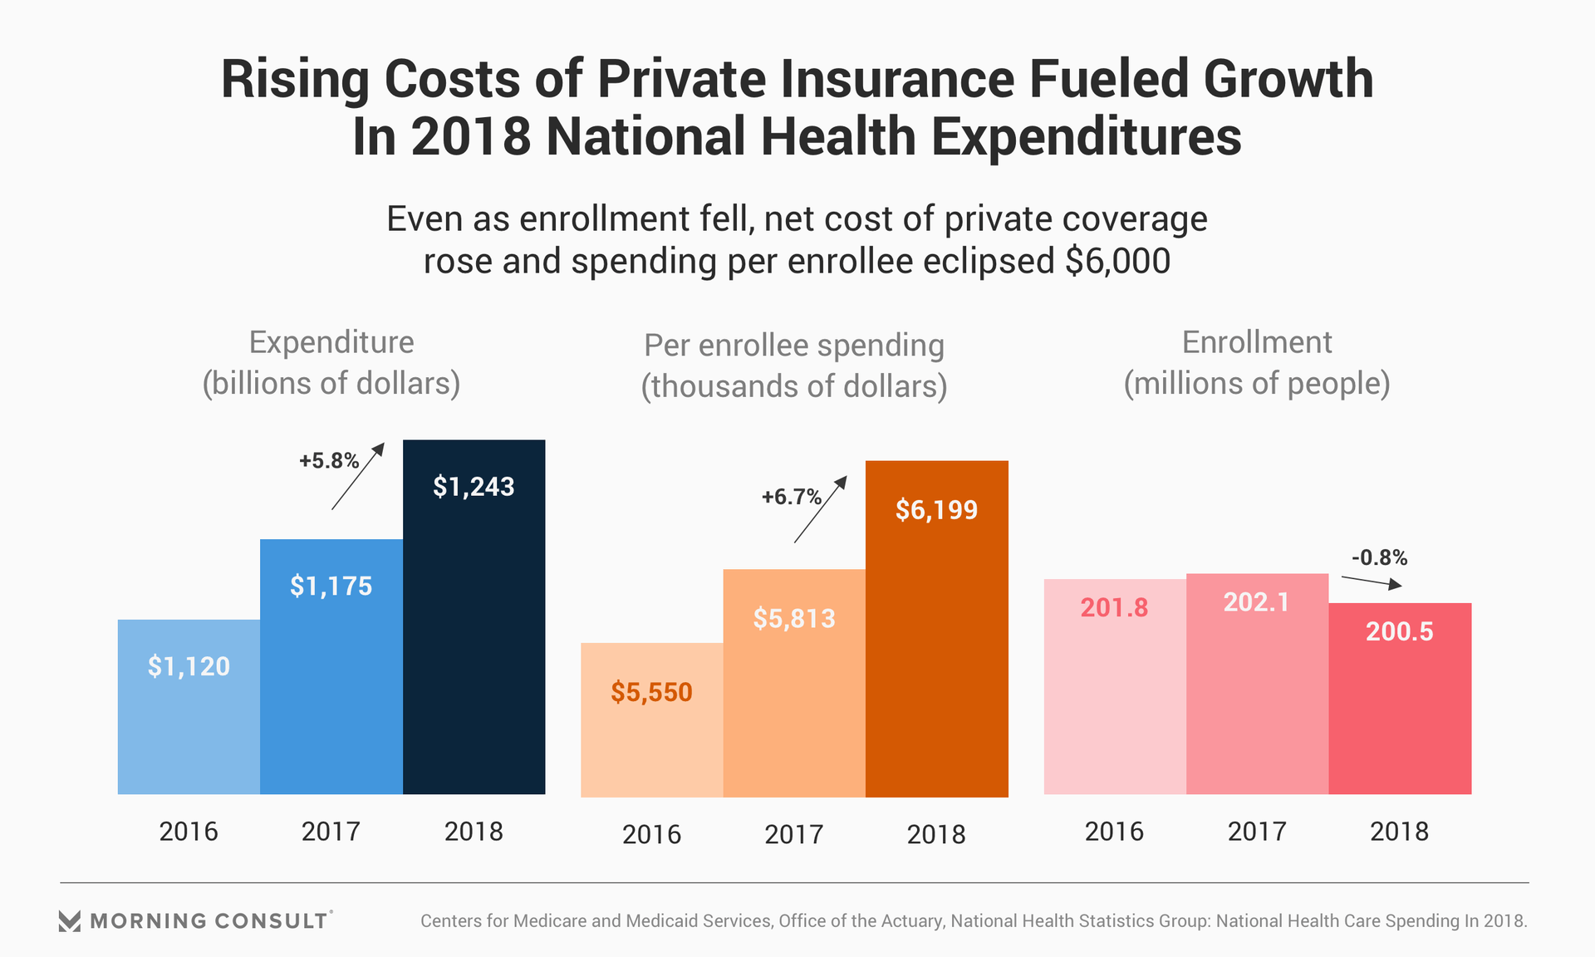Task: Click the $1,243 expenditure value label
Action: pyautogui.click(x=474, y=487)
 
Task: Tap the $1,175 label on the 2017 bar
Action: pyautogui.click(x=331, y=586)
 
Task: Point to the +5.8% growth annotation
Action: pyautogui.click(x=329, y=461)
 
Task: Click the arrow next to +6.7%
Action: pyautogui.click(x=821, y=509)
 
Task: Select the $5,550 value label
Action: pyautogui.click(x=651, y=692)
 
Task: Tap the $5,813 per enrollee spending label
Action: pyautogui.click(x=794, y=619)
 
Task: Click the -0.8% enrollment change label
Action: pyautogui.click(x=1380, y=557)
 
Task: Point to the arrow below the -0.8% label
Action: pyautogui.click(x=1372, y=582)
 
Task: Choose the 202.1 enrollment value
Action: pyautogui.click(x=1257, y=602)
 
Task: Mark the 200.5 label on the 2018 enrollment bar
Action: pyautogui.click(x=1400, y=632)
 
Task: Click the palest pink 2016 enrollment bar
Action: pyautogui.click(x=1114, y=706)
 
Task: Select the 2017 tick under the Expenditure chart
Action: pyautogui.click(x=331, y=832)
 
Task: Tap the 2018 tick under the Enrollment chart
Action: pyautogui.click(x=1400, y=832)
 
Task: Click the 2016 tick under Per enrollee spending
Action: pyautogui.click(x=651, y=835)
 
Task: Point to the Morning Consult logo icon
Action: pyautogui.click(x=70, y=921)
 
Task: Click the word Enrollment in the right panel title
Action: pyautogui.click(x=1257, y=342)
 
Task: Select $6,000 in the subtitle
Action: pyautogui.click(x=1118, y=262)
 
